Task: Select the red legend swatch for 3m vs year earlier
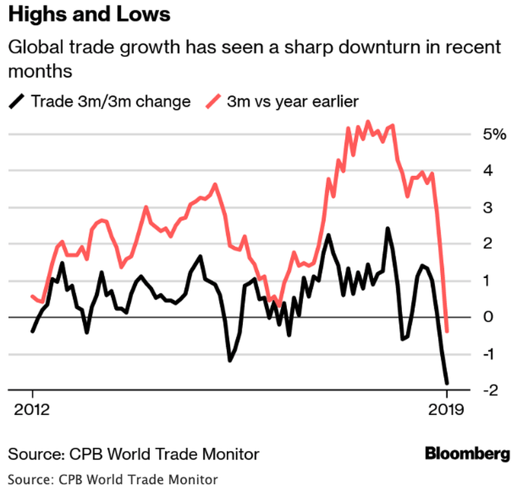[214, 101]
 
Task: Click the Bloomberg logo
[467, 454]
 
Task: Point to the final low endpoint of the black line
[446, 383]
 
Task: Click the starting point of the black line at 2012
[32, 331]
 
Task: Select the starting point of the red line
[32, 296]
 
